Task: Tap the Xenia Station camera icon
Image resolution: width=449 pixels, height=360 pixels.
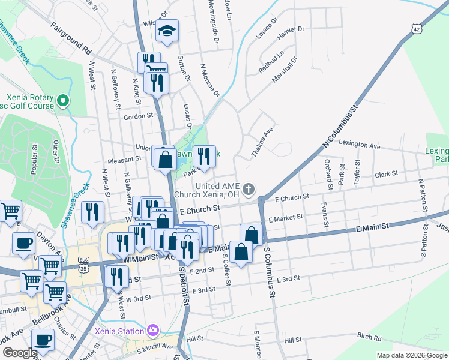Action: tap(152, 331)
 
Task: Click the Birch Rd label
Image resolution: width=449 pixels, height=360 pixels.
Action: tap(369, 337)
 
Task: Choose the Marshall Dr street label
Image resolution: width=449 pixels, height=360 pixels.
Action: tap(284, 70)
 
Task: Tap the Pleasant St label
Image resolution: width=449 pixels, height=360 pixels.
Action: tap(124, 160)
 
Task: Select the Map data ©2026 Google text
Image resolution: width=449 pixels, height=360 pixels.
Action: tap(411, 355)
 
